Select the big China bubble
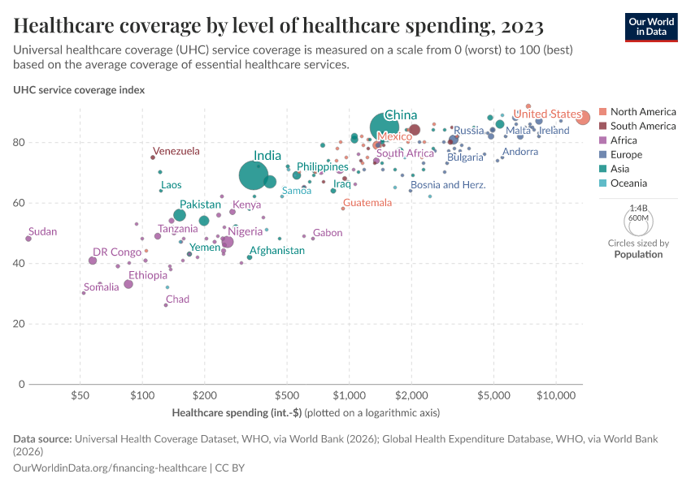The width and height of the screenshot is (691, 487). (385, 127)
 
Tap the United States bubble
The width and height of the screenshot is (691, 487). (583, 118)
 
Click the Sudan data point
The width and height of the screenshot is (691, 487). (28, 239)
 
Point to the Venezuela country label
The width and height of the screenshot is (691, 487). (176, 151)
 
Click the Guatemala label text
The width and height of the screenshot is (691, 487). (367, 202)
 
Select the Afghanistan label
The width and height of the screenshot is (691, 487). (276, 251)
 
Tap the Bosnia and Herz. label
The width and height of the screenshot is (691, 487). (448, 185)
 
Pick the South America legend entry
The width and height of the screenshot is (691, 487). (642, 126)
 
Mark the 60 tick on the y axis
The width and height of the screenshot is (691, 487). (65, 203)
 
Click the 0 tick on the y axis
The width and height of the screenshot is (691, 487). (68, 384)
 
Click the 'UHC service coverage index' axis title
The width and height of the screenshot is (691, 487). (79, 90)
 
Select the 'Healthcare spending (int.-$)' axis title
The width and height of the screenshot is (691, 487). (237, 412)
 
